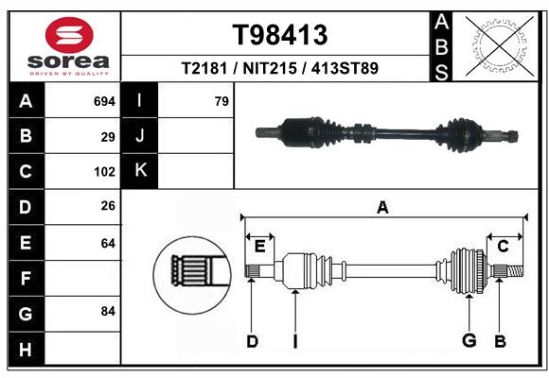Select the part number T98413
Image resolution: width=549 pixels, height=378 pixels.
tap(281, 35)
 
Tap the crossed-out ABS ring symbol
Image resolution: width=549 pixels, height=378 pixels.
tap(498, 44)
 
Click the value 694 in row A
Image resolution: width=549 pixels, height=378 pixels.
tap(104, 101)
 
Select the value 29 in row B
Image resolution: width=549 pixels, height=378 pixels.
tap(108, 137)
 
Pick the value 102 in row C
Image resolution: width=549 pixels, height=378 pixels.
tap(104, 172)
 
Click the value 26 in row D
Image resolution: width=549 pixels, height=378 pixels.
tap(108, 207)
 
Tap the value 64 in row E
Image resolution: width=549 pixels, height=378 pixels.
tap(108, 243)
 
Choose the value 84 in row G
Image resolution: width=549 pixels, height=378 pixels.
tap(108, 311)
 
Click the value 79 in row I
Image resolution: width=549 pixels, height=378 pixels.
tap(221, 101)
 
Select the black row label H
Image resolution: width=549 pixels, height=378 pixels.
tap(26, 350)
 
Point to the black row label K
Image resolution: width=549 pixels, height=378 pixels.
tap(140, 171)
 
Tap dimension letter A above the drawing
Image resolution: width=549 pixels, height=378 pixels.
tap(382, 208)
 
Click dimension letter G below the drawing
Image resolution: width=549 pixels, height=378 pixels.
tap(469, 341)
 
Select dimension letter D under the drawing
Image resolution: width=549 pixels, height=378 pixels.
tap(252, 341)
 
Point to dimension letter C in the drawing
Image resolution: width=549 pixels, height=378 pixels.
tap(504, 247)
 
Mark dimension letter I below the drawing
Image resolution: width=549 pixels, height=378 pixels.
tap(295, 341)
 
